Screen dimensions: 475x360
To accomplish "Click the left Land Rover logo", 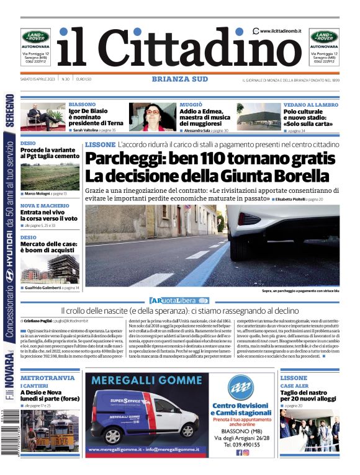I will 35,37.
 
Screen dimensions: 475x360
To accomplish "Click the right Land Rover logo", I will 324,37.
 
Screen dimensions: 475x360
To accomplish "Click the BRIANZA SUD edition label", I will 179,79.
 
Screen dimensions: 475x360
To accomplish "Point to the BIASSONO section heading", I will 82,104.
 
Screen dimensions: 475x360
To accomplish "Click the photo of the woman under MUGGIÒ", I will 151,117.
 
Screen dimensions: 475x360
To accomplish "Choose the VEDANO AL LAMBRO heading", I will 310,104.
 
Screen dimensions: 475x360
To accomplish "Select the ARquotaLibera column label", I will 180,300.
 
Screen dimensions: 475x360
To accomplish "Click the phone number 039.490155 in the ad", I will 241,444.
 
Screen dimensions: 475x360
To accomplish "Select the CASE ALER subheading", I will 294,386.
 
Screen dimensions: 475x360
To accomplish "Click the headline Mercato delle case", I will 47,245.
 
